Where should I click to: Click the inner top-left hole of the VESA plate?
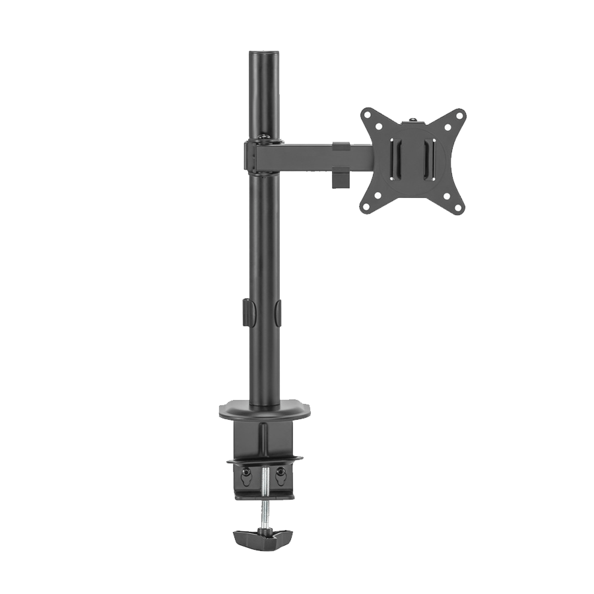pos(380,126)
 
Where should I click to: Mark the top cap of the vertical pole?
pos(264,53)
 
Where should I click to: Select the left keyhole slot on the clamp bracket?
pos(246,473)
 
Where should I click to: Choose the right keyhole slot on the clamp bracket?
pos(280,473)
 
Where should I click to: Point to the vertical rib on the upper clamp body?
pos(264,438)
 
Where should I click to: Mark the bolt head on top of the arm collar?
pos(263,137)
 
